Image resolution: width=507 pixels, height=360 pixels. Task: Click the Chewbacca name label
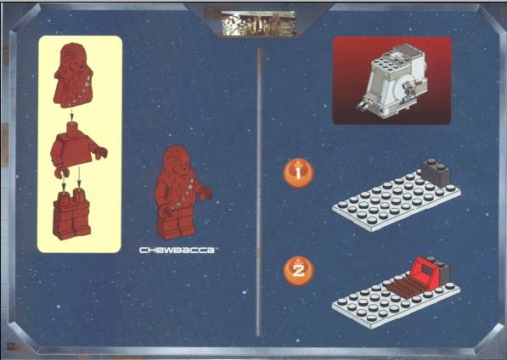(177, 250)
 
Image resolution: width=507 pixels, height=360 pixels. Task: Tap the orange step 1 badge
(298, 173)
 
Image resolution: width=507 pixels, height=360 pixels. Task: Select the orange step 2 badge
(298, 271)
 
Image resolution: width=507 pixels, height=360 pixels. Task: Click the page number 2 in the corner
(11, 346)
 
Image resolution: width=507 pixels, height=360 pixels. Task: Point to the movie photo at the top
(258, 23)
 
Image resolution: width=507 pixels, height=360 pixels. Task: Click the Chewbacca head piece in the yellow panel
(73, 76)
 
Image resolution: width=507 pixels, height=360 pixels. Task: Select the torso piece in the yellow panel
(77, 149)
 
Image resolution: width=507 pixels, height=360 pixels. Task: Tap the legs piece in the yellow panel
(71, 214)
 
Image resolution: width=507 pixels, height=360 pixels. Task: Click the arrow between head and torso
(72, 115)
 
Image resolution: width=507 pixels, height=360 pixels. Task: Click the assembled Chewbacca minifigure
(181, 193)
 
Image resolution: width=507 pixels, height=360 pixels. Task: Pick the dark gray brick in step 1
(435, 172)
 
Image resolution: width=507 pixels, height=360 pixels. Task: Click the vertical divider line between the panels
(258, 192)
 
